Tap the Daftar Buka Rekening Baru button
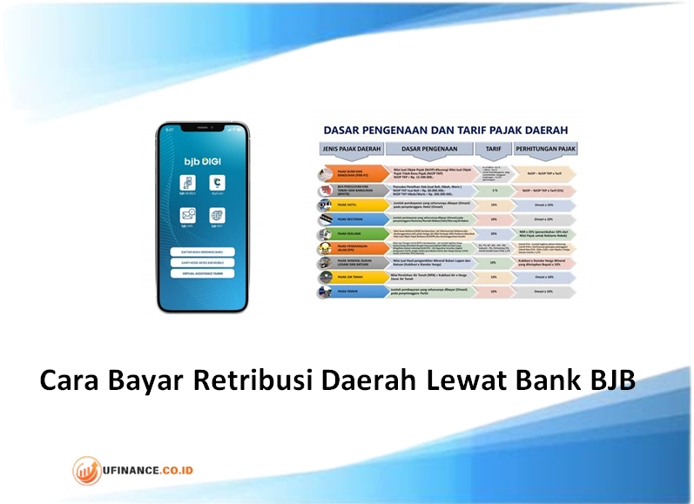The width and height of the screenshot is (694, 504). (x=202, y=252)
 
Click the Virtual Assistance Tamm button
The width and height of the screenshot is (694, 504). (x=202, y=272)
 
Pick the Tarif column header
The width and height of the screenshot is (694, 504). (x=494, y=149)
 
